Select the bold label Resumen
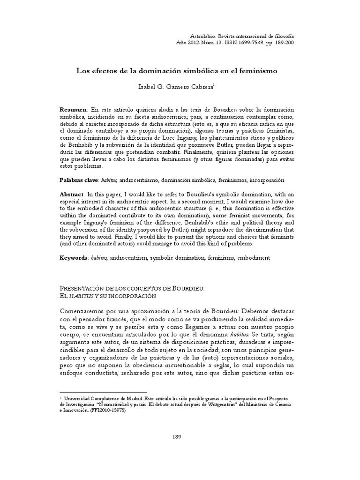[73, 109]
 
